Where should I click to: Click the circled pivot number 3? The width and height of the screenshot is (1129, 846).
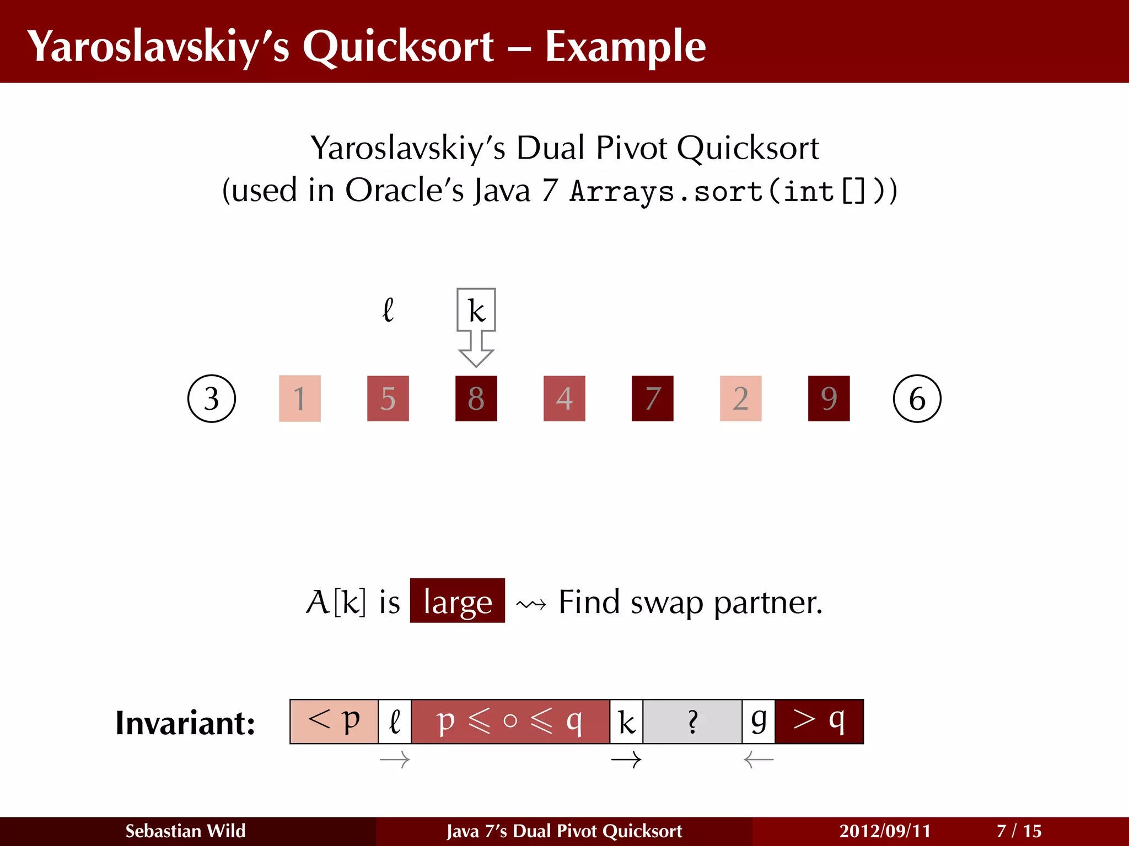(x=212, y=398)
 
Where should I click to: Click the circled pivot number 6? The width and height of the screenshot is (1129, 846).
(x=917, y=398)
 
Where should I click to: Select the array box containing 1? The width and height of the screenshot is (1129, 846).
(x=300, y=398)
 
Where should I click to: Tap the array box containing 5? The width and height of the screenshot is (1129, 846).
(x=388, y=398)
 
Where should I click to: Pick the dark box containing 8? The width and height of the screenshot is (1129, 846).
(x=476, y=398)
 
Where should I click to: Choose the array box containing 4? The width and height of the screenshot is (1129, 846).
(x=564, y=398)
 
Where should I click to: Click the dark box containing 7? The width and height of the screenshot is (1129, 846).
(x=653, y=398)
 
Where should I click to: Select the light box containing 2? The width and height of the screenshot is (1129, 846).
(x=741, y=398)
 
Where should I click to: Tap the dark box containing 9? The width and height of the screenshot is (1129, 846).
(x=829, y=398)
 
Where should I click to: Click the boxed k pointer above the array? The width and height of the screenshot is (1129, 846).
(x=476, y=310)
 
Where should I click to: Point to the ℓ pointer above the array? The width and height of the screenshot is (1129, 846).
(x=388, y=310)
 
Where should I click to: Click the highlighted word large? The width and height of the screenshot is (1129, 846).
(x=458, y=601)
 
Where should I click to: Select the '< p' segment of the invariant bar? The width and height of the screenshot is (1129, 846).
(x=334, y=722)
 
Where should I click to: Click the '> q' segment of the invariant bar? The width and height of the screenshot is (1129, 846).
(x=819, y=722)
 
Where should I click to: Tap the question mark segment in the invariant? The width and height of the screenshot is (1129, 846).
(x=692, y=722)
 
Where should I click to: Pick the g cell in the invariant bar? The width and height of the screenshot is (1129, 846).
(x=759, y=722)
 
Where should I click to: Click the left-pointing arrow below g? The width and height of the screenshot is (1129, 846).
(x=759, y=761)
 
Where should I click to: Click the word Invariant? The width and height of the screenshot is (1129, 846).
(x=185, y=723)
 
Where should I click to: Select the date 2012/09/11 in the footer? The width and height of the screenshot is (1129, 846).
(x=885, y=831)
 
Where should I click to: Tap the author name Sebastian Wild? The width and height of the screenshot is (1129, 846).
(x=185, y=831)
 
